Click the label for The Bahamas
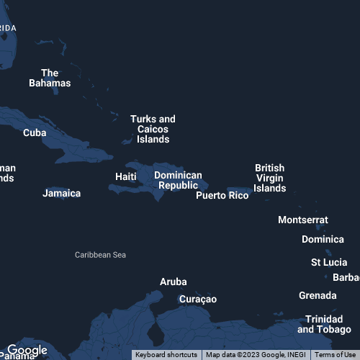50,78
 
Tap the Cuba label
35,132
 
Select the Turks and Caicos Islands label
153,129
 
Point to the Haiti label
126,176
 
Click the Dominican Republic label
179,180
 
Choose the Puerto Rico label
222,195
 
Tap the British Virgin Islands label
270,178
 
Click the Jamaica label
62,193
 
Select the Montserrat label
303,220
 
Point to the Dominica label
323,239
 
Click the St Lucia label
329,262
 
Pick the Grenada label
318,295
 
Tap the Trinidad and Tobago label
324,324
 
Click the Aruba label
173,282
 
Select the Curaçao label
197,299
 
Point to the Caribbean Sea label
100,255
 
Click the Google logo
27,351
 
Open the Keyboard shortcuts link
166,354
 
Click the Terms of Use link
335,354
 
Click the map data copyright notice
256,354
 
